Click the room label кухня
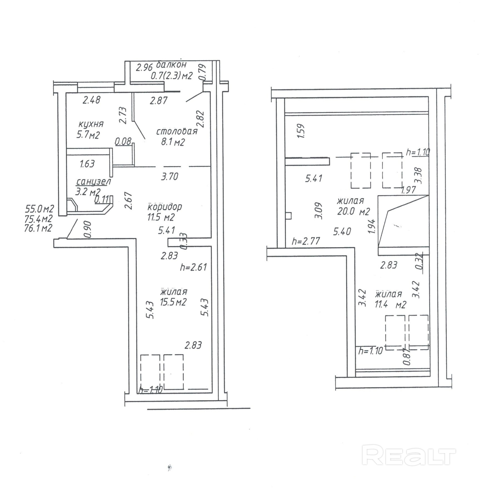tap(91, 124)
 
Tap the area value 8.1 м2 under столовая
tap(173, 142)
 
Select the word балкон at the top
tap(171, 65)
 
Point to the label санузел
tap(93, 182)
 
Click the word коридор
tap(165, 207)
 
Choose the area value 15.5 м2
tap(173, 302)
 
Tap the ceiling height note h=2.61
tap(193, 267)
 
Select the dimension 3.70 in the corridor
tap(170, 176)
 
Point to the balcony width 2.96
tap(144, 68)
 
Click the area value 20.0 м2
tap(353, 212)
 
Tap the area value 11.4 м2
tap(390, 304)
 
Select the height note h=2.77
tap(306, 241)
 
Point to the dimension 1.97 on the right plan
tap(408, 190)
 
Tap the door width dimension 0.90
tap(88, 229)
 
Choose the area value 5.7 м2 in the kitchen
tap(88, 135)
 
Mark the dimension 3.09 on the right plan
tap(319, 210)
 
